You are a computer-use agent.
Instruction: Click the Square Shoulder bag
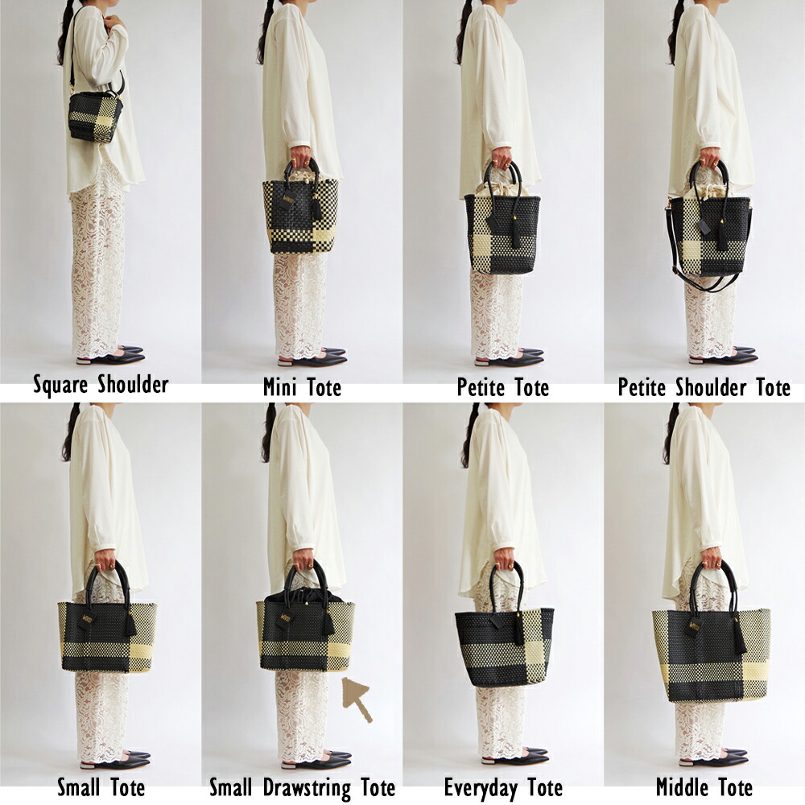pos(96,118)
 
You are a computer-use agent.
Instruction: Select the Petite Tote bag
pos(502,221)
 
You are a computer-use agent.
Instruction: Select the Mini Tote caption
pos(302,386)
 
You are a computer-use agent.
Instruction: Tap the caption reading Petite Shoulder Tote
pos(704,387)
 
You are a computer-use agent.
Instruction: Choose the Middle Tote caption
pos(704,787)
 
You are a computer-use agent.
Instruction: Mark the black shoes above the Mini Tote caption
pos(312,357)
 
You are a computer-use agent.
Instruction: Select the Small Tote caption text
pos(101,787)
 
